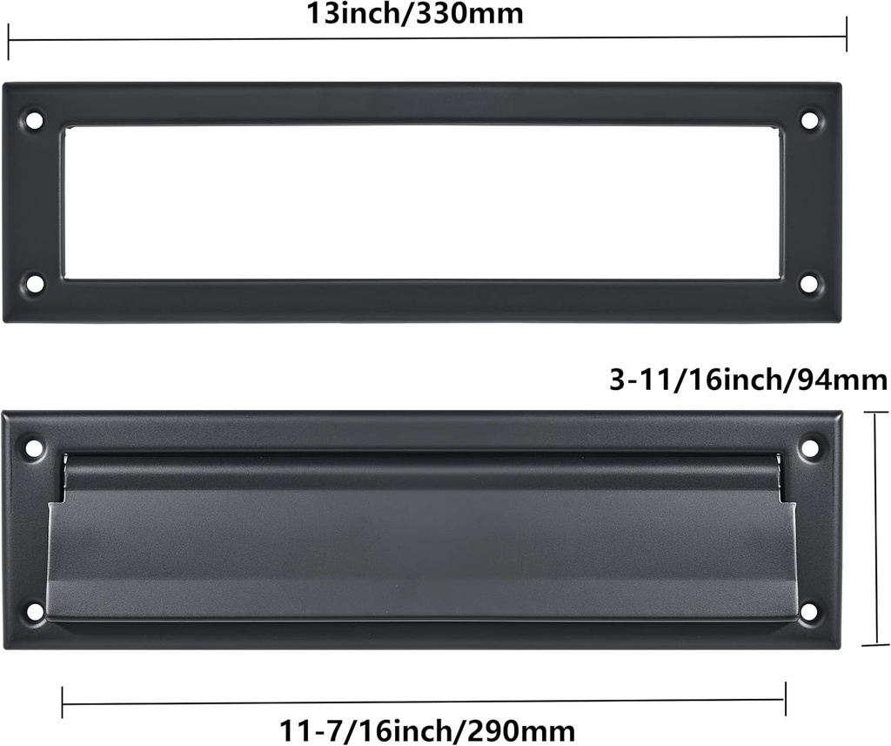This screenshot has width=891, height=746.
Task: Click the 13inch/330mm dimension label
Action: click(415, 13)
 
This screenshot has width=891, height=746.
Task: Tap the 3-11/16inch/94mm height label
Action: click(747, 380)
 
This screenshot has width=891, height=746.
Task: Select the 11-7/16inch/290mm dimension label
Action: click(427, 728)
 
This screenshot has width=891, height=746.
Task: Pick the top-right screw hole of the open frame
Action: click(810, 120)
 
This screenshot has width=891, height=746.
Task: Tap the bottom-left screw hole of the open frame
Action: click(34, 284)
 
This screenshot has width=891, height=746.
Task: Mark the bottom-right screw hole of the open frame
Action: click(809, 284)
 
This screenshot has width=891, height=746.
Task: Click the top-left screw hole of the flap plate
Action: click(34, 448)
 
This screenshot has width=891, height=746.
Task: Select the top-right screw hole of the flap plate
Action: click(810, 448)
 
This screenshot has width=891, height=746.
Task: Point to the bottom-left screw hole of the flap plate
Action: click(34, 612)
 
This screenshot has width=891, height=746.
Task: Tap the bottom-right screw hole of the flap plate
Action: click(809, 612)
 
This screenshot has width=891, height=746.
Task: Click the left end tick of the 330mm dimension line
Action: click(9, 41)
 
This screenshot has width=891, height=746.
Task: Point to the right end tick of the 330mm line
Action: click(847, 37)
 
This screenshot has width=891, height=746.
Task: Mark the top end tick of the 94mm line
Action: click(874, 413)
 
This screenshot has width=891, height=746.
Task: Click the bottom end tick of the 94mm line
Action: click(874, 645)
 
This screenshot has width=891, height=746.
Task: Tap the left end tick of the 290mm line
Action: click(63, 702)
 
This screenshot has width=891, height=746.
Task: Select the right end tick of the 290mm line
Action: click(785, 698)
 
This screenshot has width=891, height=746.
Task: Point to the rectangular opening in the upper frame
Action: click(422, 202)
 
